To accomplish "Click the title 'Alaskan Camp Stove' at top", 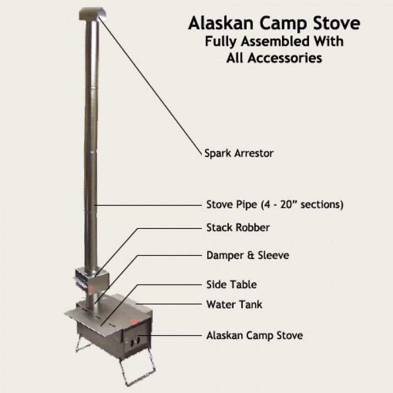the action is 274,23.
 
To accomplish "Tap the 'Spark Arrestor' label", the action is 239,153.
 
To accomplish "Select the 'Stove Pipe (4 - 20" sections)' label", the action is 275,204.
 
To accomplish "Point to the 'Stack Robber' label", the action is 238,227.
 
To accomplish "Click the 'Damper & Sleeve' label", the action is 248,255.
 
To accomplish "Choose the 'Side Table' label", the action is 231,284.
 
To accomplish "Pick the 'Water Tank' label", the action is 234,305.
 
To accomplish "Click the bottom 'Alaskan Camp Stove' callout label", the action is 254,336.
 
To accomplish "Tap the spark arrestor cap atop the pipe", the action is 92,14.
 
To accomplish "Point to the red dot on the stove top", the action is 134,321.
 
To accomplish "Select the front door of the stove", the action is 136,341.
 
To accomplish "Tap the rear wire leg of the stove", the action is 82,344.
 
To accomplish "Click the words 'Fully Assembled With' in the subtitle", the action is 274,41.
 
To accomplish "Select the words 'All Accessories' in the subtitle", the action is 274,58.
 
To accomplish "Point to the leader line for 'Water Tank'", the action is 168,304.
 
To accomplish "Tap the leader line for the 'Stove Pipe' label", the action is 148,205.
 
